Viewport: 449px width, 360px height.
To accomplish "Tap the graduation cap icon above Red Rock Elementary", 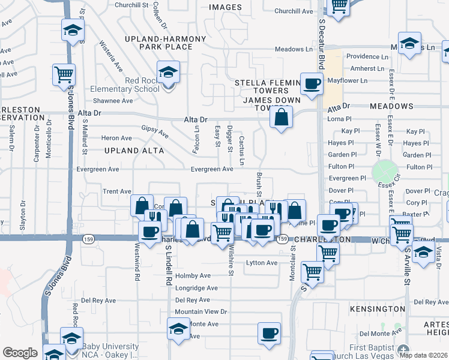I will point(168,73).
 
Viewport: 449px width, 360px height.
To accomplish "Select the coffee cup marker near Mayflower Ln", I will point(311,85).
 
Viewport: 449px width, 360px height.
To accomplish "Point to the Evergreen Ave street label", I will point(211,169).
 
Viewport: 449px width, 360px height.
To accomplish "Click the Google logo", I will point(20,353).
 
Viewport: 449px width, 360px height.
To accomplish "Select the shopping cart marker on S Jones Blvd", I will point(64,75).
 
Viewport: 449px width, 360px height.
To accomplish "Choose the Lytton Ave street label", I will point(262,263).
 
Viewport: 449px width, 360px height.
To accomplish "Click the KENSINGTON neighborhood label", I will point(381,308).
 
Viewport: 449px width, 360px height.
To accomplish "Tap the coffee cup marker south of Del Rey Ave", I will point(269,334).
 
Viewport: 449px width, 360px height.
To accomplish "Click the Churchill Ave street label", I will point(294,11).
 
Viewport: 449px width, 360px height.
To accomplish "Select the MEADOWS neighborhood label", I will point(391,106).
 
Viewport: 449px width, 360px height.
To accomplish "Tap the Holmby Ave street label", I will point(193,275).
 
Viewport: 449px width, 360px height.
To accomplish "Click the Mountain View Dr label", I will point(201,311).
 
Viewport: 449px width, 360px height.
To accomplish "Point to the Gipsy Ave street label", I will point(155,132).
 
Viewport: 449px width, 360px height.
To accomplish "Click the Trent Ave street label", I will point(117,191).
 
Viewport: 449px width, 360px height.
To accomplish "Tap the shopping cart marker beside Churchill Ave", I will point(339,7).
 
